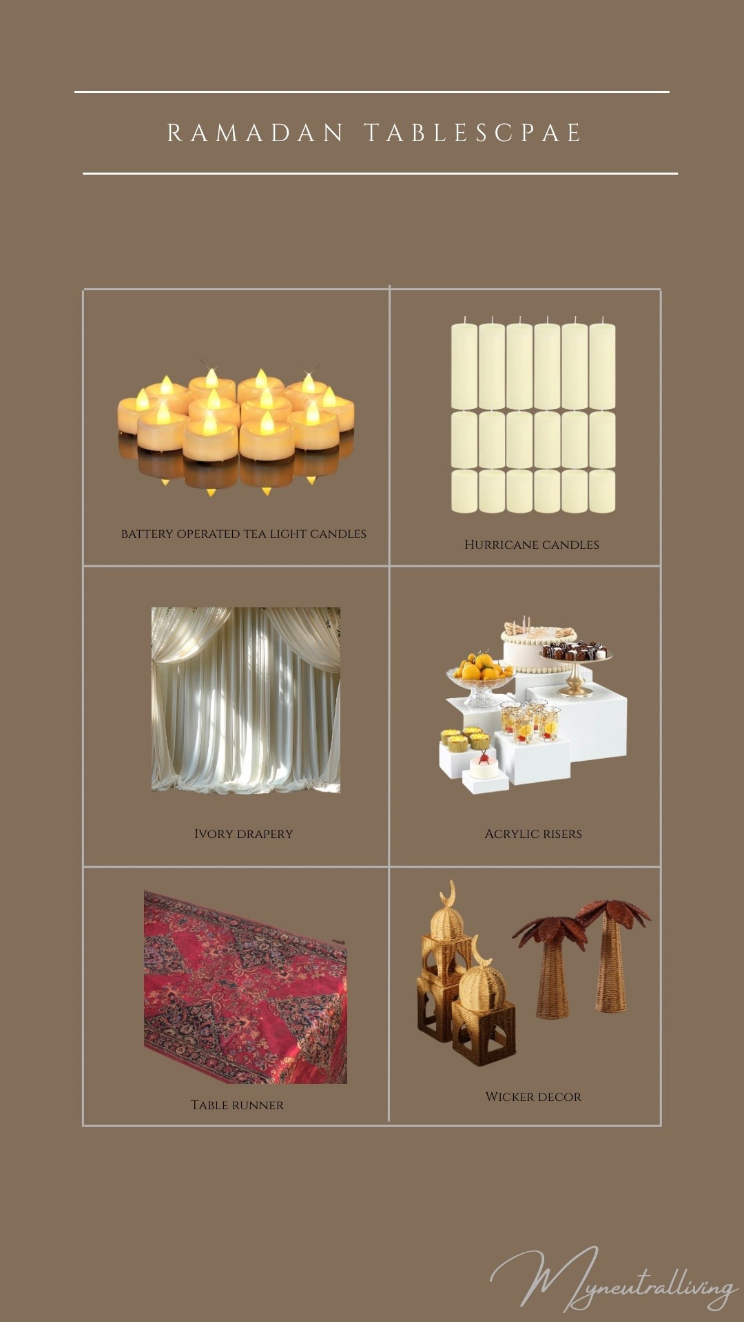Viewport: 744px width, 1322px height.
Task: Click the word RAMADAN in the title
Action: tap(255, 133)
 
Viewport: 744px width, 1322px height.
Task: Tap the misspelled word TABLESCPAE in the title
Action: tap(473, 133)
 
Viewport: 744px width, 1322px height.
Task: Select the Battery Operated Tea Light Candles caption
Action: tap(244, 534)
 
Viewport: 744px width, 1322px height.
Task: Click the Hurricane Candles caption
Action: tap(532, 545)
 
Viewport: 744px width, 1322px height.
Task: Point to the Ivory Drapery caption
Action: tap(244, 834)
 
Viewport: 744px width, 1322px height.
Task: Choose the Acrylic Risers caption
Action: tap(533, 834)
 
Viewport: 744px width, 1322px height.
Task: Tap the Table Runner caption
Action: tap(237, 1105)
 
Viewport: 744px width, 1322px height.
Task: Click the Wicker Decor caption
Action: tap(533, 1097)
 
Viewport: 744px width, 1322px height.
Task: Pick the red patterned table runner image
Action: tap(245, 987)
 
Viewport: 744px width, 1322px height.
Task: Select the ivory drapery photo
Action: tap(246, 700)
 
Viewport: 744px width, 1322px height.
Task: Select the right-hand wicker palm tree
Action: tap(613, 957)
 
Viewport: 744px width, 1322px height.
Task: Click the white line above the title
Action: tap(372, 92)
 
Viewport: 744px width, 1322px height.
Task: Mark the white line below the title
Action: tap(380, 174)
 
